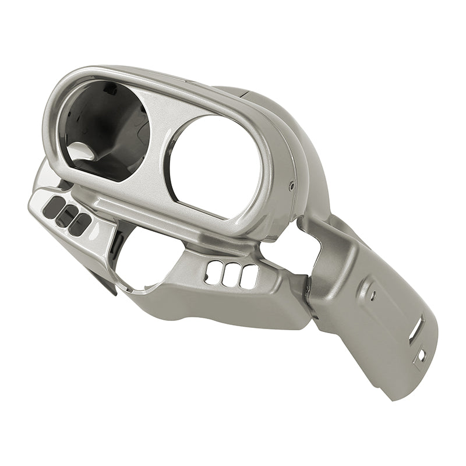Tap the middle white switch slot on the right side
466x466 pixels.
click(231, 274)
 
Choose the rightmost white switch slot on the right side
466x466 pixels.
click(249, 276)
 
